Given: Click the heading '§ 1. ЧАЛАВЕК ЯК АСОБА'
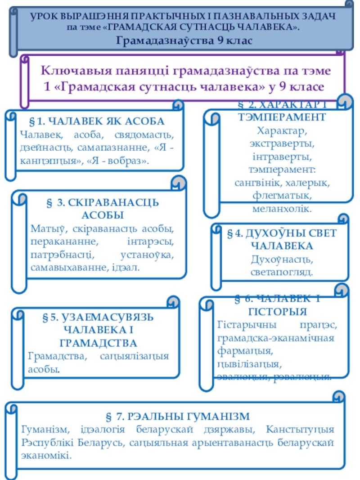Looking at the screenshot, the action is [x=96, y=121].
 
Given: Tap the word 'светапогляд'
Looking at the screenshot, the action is [x=282, y=272].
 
